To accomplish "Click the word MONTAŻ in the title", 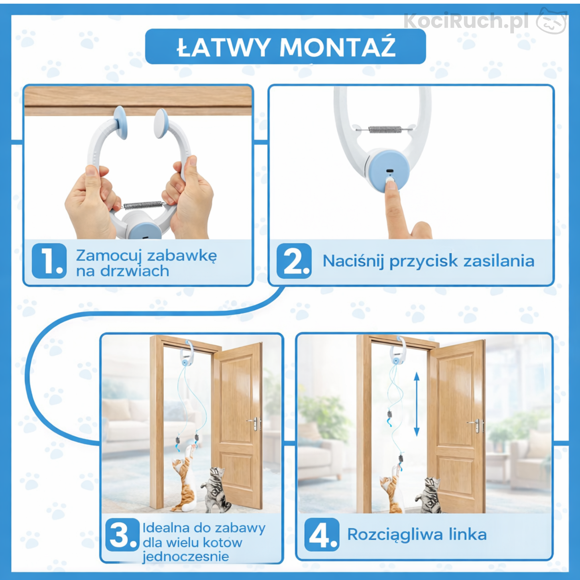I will point(338,47).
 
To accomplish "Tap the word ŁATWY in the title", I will point(223,47).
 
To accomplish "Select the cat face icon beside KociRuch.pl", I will point(552,22).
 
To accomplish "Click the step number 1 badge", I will point(49,261).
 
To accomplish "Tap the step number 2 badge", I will point(294,261).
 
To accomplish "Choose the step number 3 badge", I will point(122,535).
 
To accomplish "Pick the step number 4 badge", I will point(322,535).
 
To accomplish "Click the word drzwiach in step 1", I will point(134,271).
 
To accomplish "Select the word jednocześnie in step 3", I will point(185,557).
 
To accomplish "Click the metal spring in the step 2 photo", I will point(385,129).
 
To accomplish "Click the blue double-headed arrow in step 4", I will point(417,404).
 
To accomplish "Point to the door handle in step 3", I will point(254,422).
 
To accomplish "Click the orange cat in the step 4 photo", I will point(390,492).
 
